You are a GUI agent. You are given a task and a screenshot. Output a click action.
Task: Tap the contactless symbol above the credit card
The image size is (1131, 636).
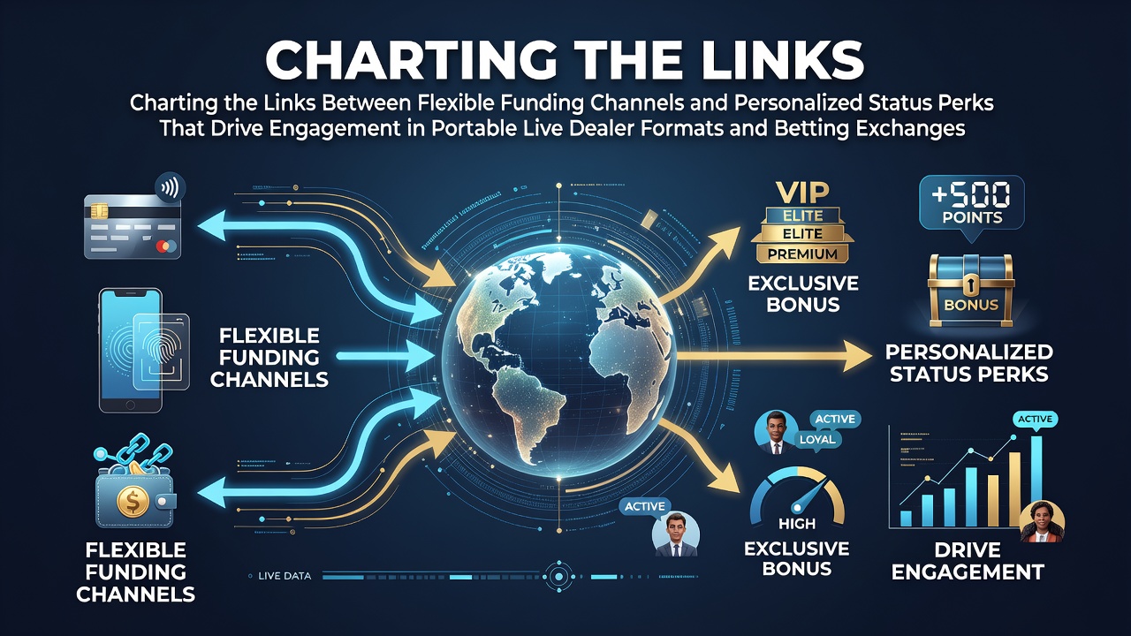170,189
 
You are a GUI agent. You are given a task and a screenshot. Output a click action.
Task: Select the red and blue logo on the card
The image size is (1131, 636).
166,246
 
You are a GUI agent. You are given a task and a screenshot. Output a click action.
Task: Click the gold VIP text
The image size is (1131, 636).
802,193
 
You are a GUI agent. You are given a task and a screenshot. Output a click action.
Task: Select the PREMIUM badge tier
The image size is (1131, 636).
802,254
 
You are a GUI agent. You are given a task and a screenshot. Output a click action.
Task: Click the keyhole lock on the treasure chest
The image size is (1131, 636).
969,285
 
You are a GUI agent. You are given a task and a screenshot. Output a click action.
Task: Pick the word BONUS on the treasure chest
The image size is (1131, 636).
971,305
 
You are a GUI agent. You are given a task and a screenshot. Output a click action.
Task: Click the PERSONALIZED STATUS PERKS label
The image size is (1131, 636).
969,363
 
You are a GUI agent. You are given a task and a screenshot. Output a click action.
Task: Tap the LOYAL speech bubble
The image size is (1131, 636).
817,440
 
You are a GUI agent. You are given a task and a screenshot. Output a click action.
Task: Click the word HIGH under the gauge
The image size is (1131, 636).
797,524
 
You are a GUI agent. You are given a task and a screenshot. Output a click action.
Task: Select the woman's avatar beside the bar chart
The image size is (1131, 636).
1042,522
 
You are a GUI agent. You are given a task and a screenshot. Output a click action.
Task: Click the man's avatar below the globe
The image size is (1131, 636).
676,534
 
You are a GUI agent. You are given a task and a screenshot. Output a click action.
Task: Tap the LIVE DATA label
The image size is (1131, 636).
285,576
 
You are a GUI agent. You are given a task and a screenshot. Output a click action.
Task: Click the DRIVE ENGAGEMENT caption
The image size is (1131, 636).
968,561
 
